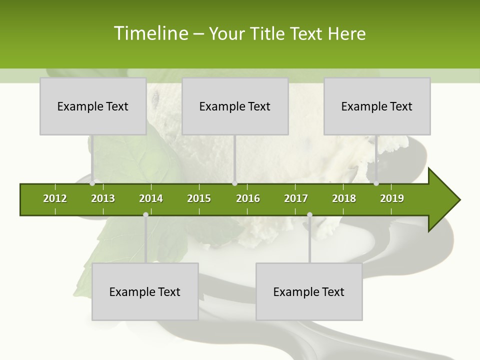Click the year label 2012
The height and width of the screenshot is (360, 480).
click(55, 198)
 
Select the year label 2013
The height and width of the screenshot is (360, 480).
click(103, 198)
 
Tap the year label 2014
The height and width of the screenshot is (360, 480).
click(151, 198)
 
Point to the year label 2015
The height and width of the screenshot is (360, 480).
click(199, 198)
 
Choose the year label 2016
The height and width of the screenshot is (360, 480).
click(248, 198)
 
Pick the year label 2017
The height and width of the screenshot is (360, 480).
click(296, 198)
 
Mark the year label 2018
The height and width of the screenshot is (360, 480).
click(344, 198)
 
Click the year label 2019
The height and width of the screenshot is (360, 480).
click(392, 198)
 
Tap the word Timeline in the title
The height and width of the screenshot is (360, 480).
click(151, 33)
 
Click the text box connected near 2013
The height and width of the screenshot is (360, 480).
click(93, 106)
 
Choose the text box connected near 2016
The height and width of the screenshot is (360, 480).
click(235, 106)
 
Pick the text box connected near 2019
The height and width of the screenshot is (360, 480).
click(377, 106)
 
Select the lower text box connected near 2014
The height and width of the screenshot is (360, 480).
click(145, 291)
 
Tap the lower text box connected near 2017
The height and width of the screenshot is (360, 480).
click(309, 291)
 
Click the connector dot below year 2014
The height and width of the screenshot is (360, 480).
click(145, 214)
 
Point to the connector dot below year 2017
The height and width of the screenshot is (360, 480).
click(309, 214)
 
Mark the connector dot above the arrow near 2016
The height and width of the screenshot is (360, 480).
click(234, 183)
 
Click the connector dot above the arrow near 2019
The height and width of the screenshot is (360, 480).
click(376, 183)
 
